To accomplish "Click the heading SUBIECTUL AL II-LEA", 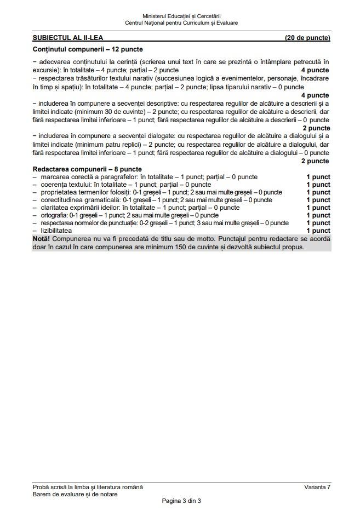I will click(x=72, y=38).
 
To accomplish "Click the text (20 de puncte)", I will click(x=307, y=38).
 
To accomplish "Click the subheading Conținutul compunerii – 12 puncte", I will click(x=80, y=50).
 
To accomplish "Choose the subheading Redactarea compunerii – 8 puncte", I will click(x=87, y=169).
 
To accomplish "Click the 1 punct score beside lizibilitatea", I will click(x=318, y=231).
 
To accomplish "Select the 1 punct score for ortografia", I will click(x=318, y=215).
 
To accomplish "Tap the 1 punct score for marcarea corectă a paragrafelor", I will click(x=318, y=177).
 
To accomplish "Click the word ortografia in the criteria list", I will click(x=54, y=215).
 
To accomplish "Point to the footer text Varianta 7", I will click(x=317, y=487).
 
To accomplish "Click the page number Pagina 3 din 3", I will click(x=181, y=501).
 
